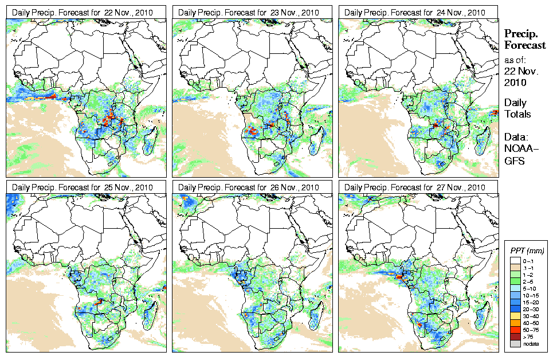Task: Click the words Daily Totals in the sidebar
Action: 517,108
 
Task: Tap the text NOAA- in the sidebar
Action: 520,150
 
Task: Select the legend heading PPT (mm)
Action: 527,251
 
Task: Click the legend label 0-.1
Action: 528,261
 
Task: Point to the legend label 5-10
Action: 529,288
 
